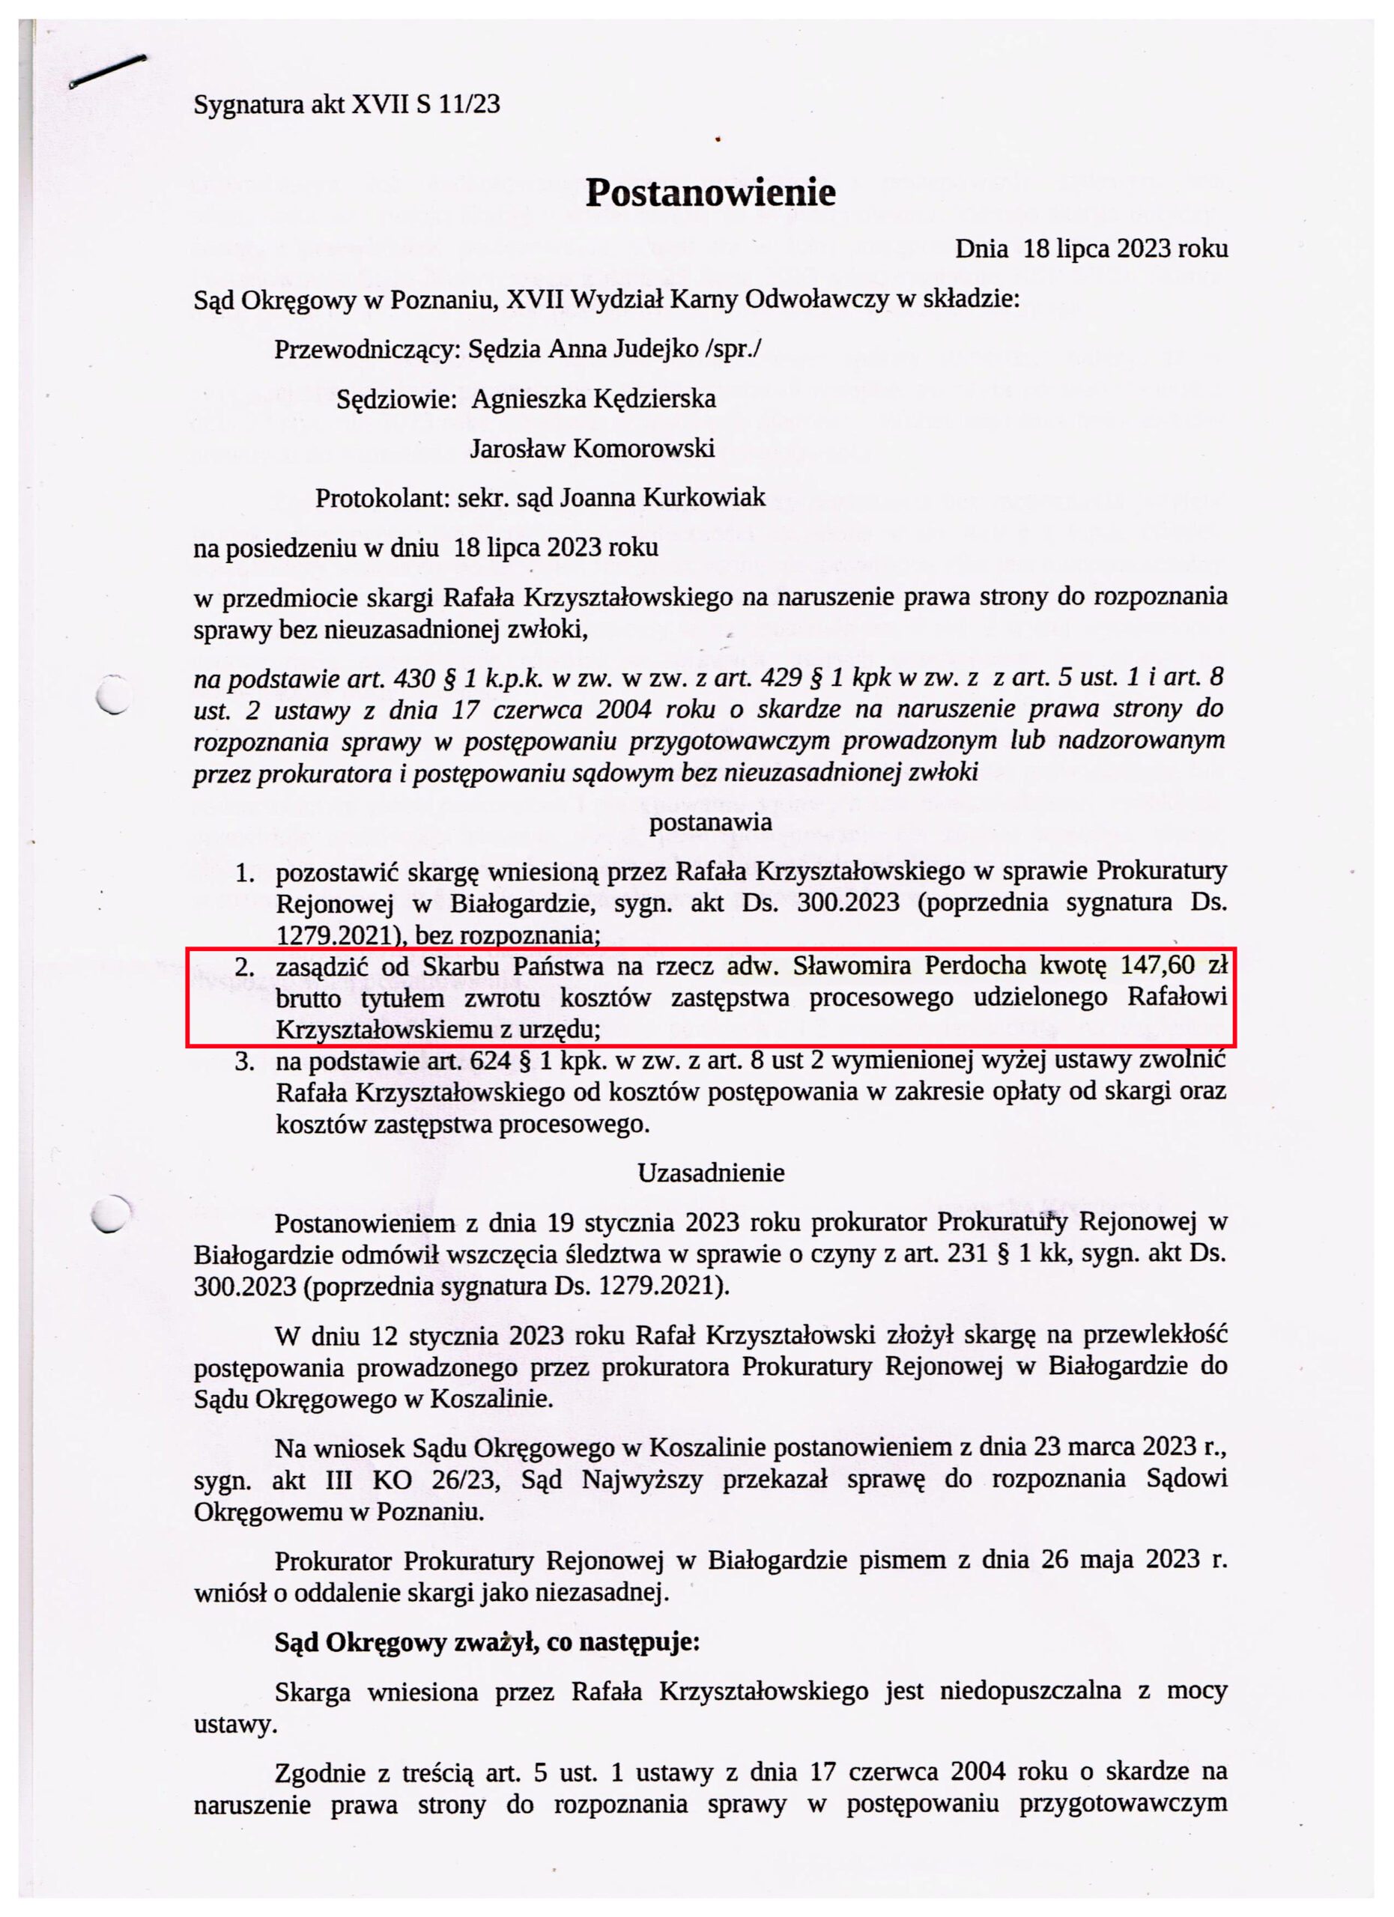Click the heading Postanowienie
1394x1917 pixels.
click(710, 192)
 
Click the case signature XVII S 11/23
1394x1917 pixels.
click(425, 104)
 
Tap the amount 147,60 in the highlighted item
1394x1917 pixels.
click(1157, 964)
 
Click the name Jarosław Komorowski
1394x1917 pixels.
click(592, 448)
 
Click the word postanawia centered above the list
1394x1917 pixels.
click(710, 821)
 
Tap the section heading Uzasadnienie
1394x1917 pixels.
click(710, 1173)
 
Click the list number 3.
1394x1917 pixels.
click(245, 1062)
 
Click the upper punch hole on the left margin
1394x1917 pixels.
click(112, 695)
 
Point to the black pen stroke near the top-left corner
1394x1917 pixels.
click(107, 71)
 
